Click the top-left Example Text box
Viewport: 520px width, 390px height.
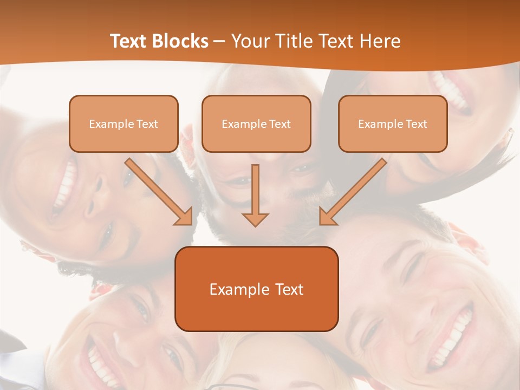[123, 124]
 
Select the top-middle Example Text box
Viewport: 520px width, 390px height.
[256, 124]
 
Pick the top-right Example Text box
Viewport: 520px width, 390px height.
[393, 124]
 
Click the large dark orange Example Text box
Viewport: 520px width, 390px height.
[256, 289]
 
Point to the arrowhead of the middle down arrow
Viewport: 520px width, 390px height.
[255, 219]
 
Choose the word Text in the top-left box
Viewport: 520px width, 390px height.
[147, 124]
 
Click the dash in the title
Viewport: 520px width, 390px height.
[219, 41]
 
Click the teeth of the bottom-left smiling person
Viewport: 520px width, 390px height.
[100, 363]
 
